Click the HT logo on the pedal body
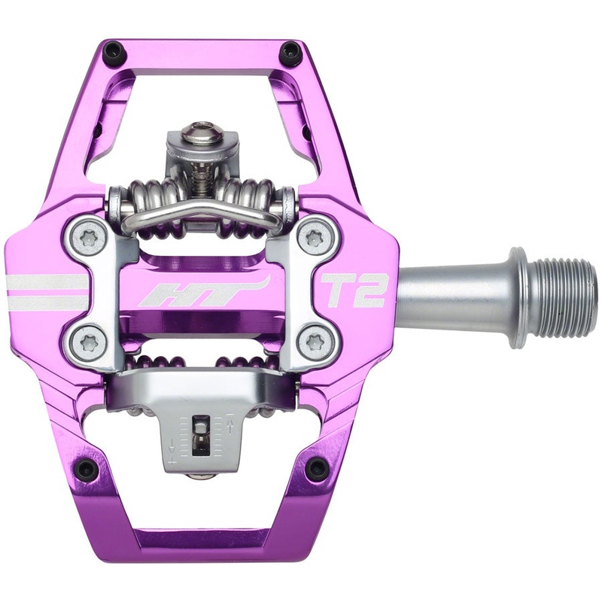tap(202, 292)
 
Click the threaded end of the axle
tap(568, 297)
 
